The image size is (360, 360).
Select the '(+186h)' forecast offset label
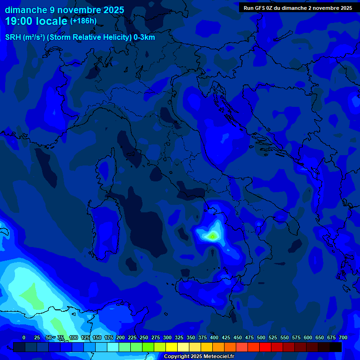pyautogui.click(x=83, y=21)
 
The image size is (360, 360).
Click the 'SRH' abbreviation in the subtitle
pyautogui.click(x=13, y=37)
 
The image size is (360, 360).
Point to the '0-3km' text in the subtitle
pyautogui.click(x=144, y=37)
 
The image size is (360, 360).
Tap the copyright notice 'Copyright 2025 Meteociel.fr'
pyautogui.click(x=198, y=356)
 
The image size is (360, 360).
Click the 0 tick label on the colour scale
pyautogui.click(x=24, y=337)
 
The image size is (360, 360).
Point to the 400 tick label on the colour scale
pyautogui.click(x=214, y=337)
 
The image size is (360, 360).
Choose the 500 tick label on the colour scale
pyautogui.click(x=261, y=337)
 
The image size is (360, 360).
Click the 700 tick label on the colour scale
pyautogui.click(x=343, y=337)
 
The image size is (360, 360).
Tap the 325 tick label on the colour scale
pyautogui.click(x=179, y=337)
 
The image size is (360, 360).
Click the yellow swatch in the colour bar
pyautogui.click(x=172, y=347)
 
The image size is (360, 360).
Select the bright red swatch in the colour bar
pyautogui.click(x=265, y=347)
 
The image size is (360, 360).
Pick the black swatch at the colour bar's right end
pyautogui.click(x=336, y=347)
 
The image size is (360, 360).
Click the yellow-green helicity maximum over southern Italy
pyautogui.click(x=213, y=235)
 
